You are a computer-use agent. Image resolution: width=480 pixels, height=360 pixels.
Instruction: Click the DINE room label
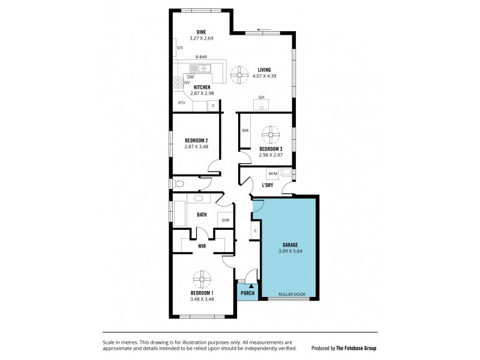201,32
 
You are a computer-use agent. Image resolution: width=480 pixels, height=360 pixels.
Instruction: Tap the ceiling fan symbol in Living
239,75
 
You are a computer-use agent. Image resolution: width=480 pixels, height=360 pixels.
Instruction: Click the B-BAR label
201,56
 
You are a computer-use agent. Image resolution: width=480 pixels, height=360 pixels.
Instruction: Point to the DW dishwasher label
190,77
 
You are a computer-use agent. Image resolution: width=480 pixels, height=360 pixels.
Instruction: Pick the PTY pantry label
181,103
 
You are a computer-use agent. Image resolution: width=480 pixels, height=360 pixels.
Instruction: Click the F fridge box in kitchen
212,106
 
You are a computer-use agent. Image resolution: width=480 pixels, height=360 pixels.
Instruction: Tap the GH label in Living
261,97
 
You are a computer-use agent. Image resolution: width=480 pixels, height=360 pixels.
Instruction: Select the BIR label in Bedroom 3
245,130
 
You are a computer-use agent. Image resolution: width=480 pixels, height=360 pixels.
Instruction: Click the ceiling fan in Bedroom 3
272,134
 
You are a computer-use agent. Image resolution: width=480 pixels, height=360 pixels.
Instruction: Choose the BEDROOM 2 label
197,140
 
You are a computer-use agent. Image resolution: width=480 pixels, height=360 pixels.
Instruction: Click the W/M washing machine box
273,174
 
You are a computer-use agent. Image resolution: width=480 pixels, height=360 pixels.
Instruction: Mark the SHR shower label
226,220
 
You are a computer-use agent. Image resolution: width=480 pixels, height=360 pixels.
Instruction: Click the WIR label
202,245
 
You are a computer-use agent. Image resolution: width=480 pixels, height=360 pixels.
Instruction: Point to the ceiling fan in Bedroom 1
202,279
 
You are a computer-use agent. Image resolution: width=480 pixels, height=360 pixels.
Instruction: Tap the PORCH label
247,293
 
